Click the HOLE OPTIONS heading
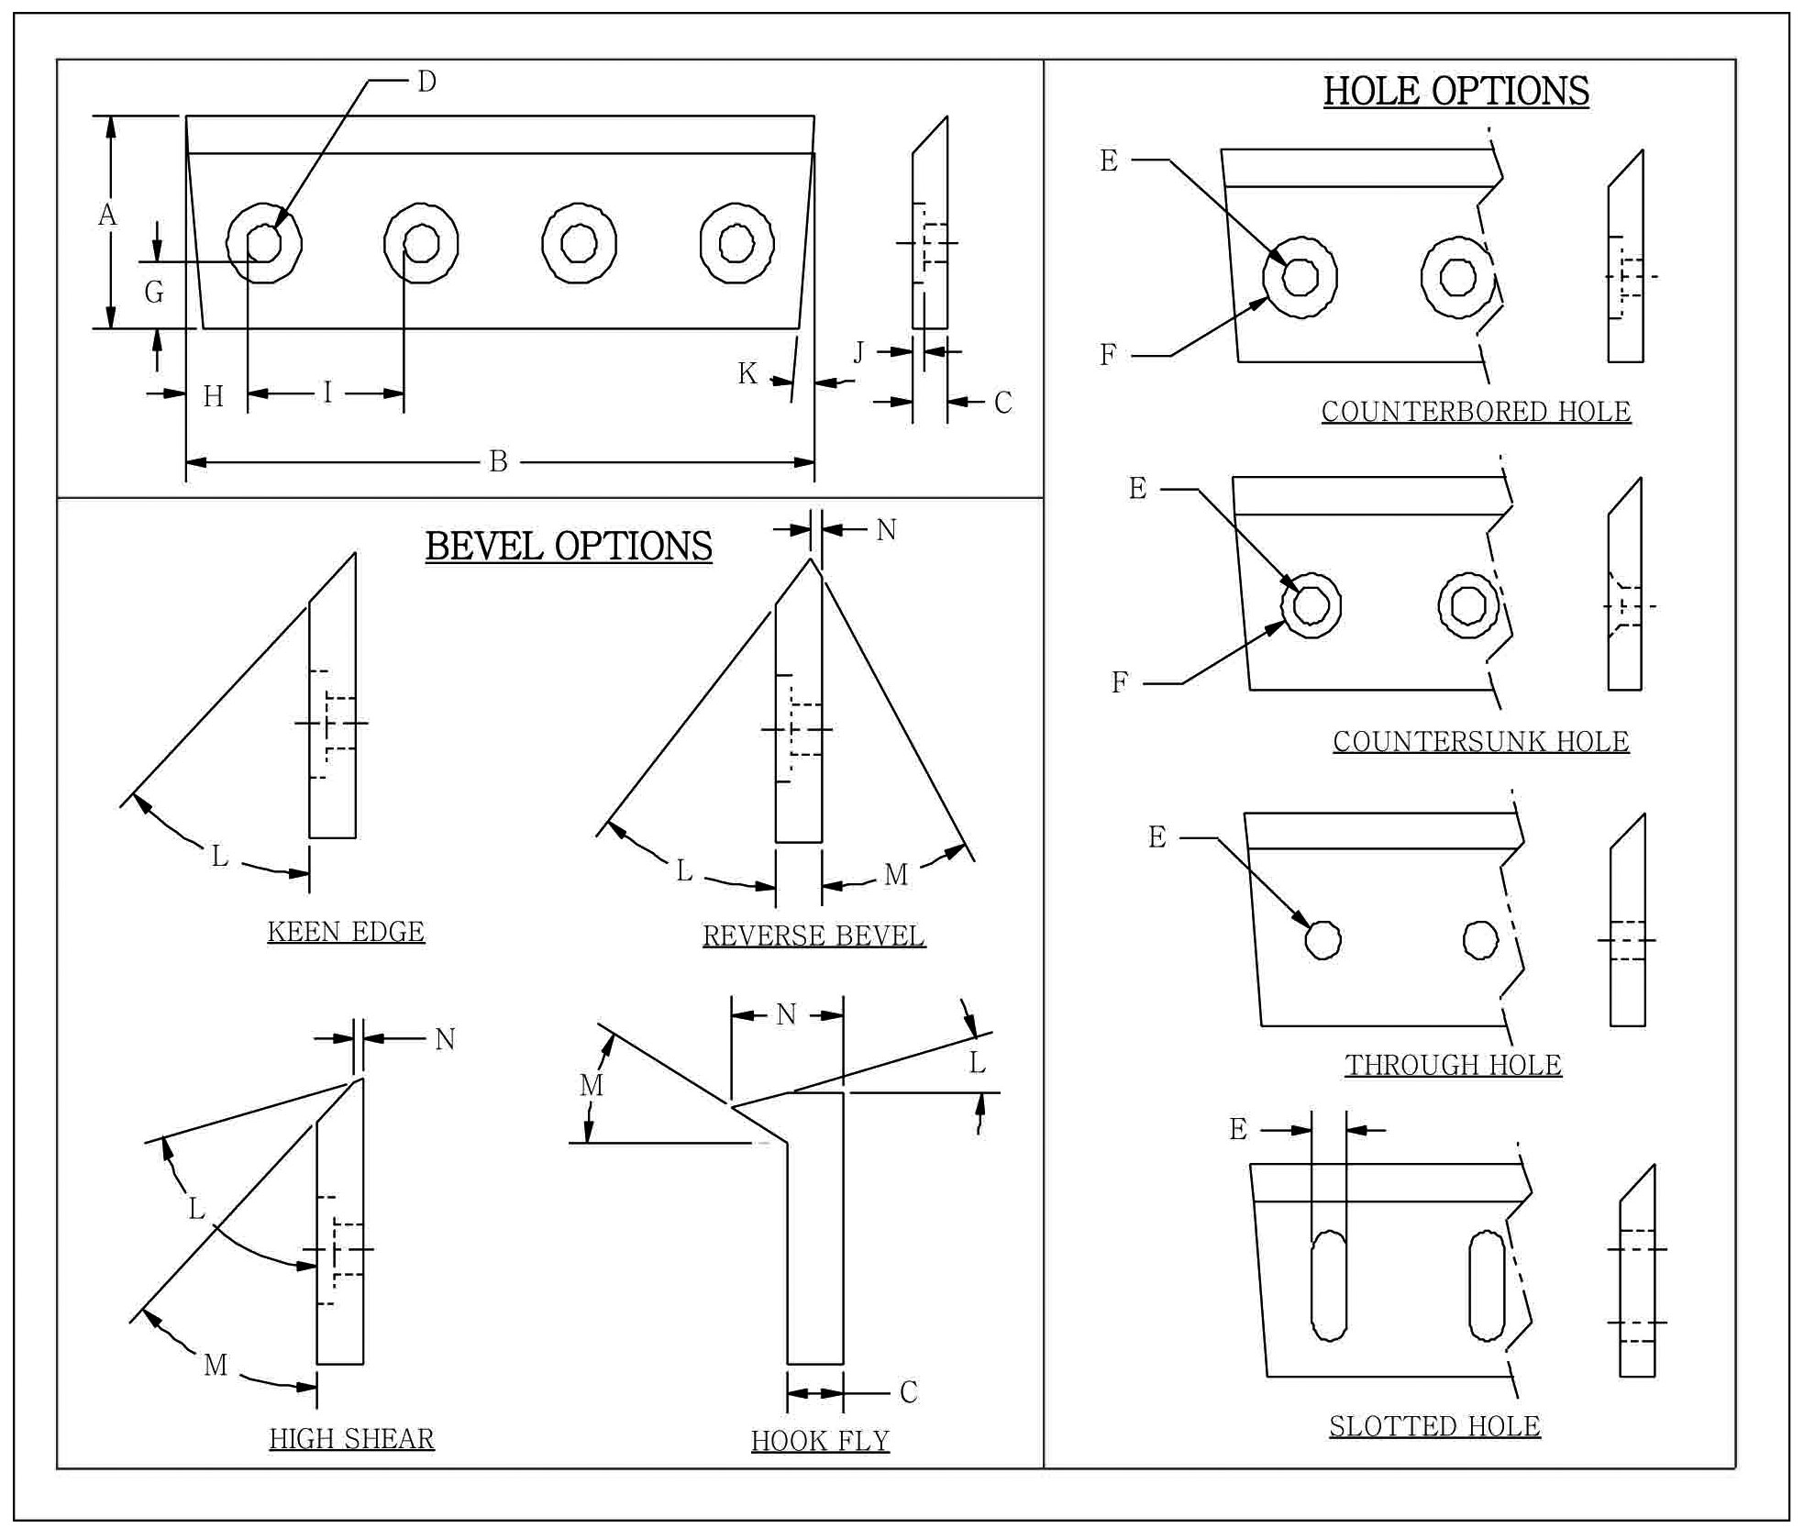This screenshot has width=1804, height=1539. pyautogui.click(x=1455, y=92)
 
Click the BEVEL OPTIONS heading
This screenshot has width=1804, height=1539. pyautogui.click(x=568, y=547)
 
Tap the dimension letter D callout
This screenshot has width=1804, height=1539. pyautogui.click(x=426, y=83)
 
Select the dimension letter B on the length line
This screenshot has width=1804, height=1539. pyautogui.click(x=498, y=461)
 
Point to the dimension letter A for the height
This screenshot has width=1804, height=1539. pyautogui.click(x=107, y=216)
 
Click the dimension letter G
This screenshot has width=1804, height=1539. pyautogui.click(x=154, y=293)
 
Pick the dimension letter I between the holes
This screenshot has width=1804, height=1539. pyautogui.click(x=326, y=393)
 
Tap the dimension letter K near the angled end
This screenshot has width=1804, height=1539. pyautogui.click(x=747, y=373)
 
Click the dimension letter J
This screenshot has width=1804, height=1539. pyautogui.click(x=858, y=352)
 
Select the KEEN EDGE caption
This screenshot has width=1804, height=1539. pyautogui.click(x=346, y=932)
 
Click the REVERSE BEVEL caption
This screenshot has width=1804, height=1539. pyautogui.click(x=813, y=936)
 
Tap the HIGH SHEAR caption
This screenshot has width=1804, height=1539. pyautogui.click(x=351, y=1439)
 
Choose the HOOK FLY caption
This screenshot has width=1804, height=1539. pyautogui.click(x=820, y=1442)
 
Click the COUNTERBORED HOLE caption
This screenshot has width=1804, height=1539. pyautogui.click(x=1476, y=412)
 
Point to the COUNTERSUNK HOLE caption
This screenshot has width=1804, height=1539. pyautogui.click(x=1480, y=742)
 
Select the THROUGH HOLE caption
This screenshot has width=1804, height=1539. pyautogui.click(x=1453, y=1066)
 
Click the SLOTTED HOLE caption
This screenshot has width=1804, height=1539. pyautogui.click(x=1434, y=1427)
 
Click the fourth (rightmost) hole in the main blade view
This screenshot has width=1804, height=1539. pyautogui.click(x=736, y=244)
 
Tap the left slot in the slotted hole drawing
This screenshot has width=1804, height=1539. pyautogui.click(x=1329, y=1285)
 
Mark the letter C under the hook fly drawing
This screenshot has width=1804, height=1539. pyautogui.click(x=908, y=1392)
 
